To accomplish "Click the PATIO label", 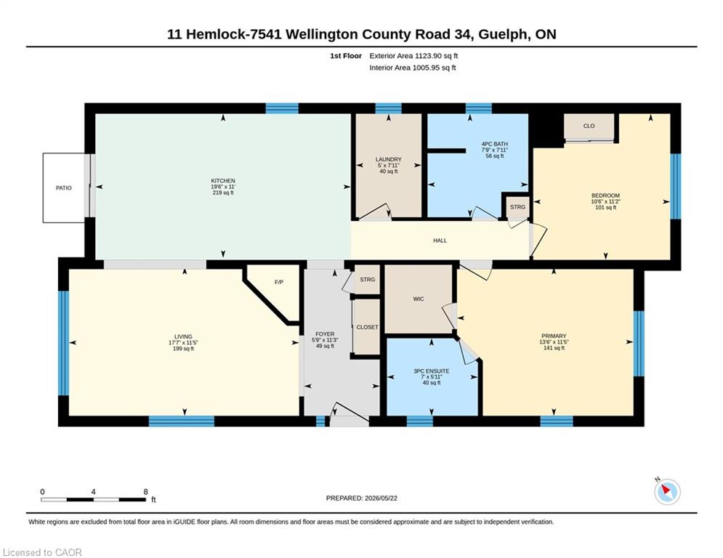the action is point(64,188).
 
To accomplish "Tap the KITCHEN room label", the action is point(223,181).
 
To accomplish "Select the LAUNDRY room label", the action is point(388,160).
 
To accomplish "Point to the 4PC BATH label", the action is point(495,145).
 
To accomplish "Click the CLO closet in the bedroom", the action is point(589,126).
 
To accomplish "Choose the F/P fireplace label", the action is point(278,282).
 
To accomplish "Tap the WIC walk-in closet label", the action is point(419,299).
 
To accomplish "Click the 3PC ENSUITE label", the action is point(432,371).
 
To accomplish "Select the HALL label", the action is point(440,240).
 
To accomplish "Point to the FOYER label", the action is point(325,334).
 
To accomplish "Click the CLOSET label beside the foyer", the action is point(367,328).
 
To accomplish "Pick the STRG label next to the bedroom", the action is point(518,207).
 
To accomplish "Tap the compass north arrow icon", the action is point(667,491).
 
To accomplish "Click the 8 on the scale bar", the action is point(146,492).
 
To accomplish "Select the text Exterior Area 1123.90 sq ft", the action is point(413,56).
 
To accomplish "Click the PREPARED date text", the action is point(362,498).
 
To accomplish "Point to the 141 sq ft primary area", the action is point(554,348).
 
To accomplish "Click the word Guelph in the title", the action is point(504,35).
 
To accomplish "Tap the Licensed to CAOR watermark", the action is point(42,552).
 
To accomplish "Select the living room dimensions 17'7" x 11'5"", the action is point(183,343).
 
